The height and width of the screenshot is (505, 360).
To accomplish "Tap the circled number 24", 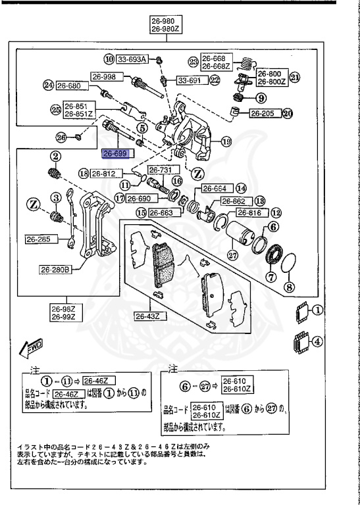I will tap(47, 85).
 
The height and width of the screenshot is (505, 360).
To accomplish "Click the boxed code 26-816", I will tap(250, 213).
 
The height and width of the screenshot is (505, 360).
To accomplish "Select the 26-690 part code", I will tap(140, 198).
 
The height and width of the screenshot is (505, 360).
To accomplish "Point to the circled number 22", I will tap(215, 80).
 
